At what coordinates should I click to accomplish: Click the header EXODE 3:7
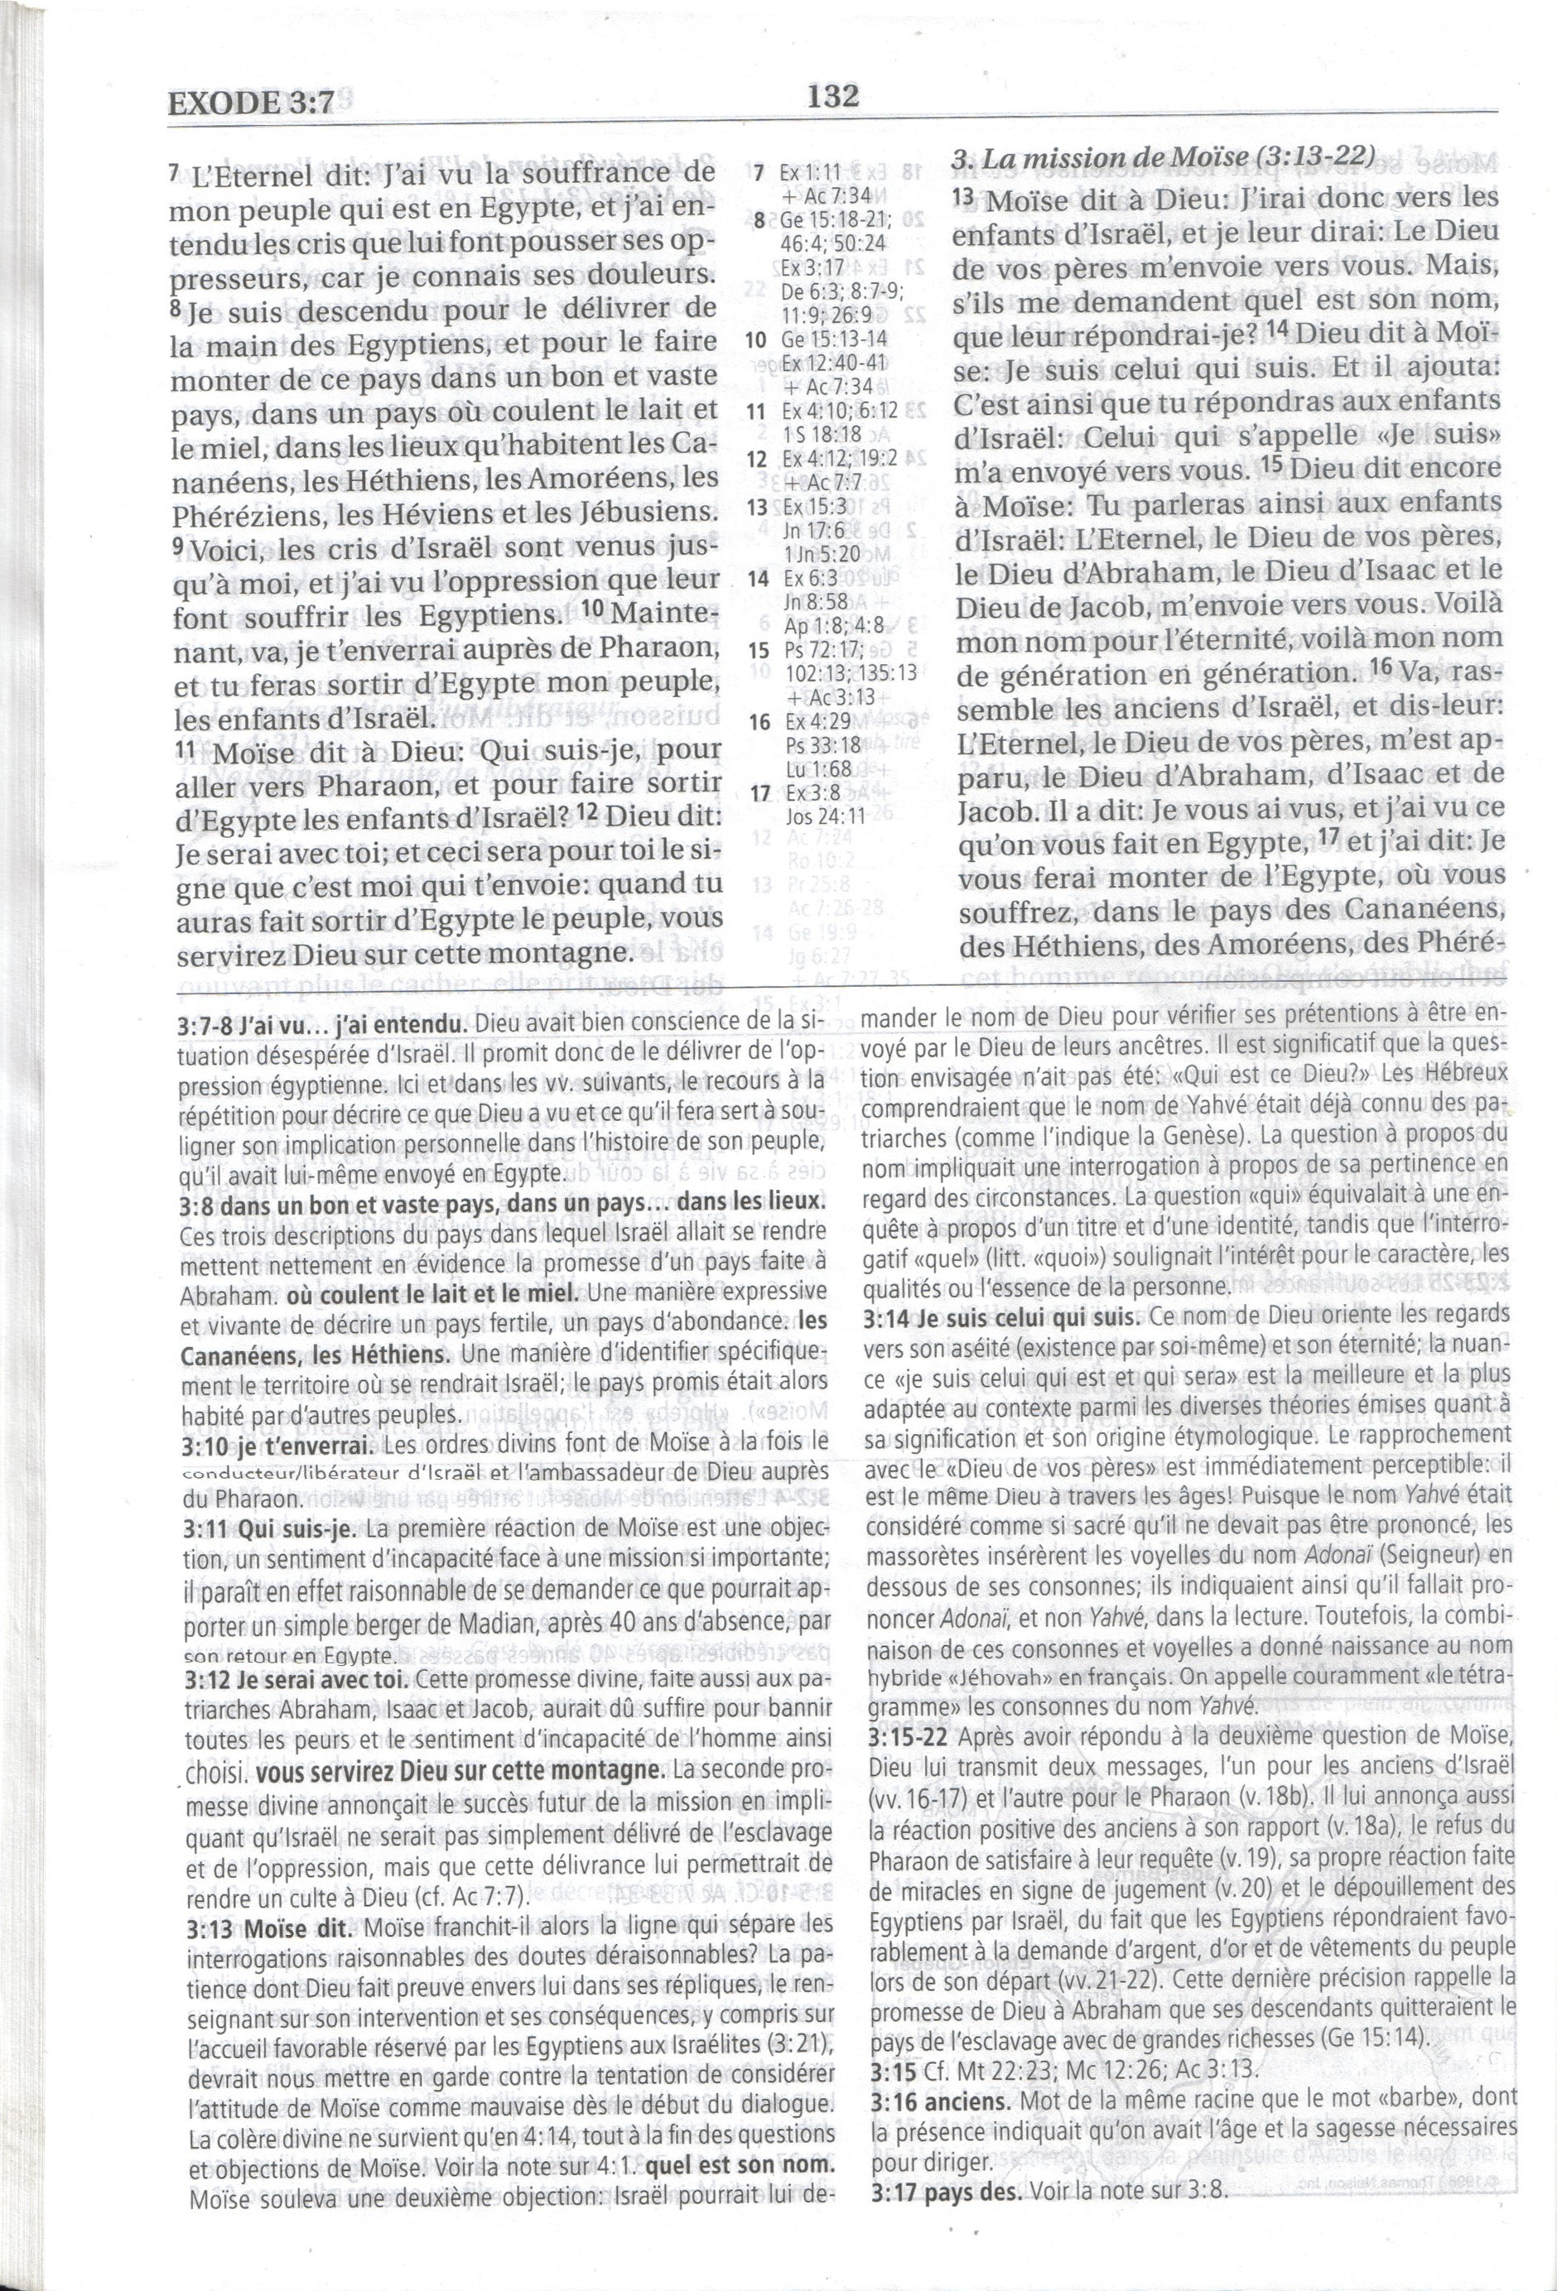[x=252, y=103]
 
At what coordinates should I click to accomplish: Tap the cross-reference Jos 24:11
[x=826, y=816]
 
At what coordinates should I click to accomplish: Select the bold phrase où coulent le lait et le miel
[x=431, y=1293]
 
